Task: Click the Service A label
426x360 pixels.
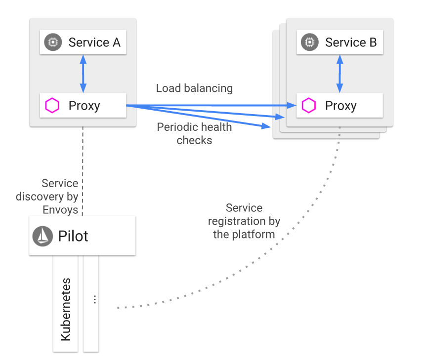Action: click(94, 42)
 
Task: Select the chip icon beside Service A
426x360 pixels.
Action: click(52, 42)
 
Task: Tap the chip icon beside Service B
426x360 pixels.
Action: click(309, 42)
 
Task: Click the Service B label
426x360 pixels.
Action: click(351, 42)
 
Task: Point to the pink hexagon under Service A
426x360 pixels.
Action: click(52, 106)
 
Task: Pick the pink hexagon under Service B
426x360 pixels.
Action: click(309, 106)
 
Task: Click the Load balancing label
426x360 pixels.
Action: click(194, 88)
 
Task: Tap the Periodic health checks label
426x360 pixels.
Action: click(194, 134)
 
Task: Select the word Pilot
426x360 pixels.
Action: click(73, 236)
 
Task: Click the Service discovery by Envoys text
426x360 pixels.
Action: click(47, 197)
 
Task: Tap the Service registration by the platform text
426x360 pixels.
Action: click(244, 221)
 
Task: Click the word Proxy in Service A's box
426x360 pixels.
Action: click(84, 106)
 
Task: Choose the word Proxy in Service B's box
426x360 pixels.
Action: click(341, 106)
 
